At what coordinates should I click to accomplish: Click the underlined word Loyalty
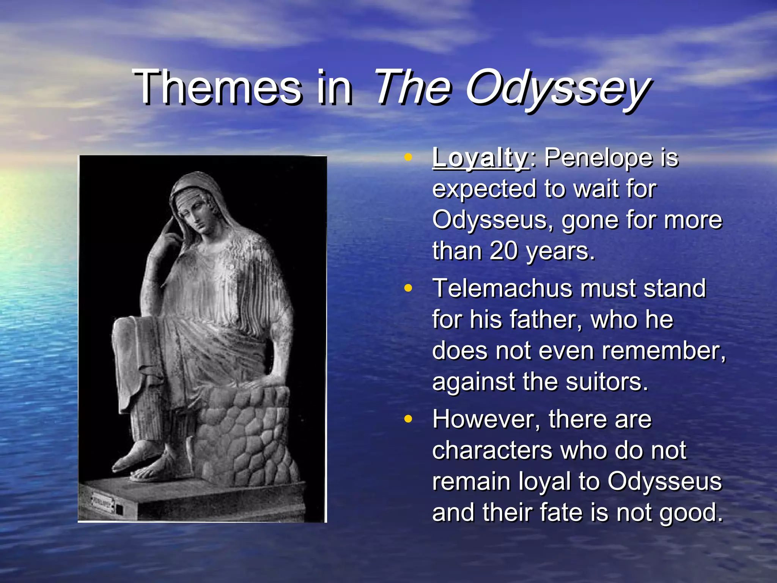point(480,158)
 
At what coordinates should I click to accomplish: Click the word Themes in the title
point(218,88)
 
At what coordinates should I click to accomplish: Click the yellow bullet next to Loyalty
point(408,157)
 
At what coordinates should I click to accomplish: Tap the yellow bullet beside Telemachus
point(408,288)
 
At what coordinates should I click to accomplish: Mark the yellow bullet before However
point(408,419)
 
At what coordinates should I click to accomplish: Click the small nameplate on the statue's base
point(102,503)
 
